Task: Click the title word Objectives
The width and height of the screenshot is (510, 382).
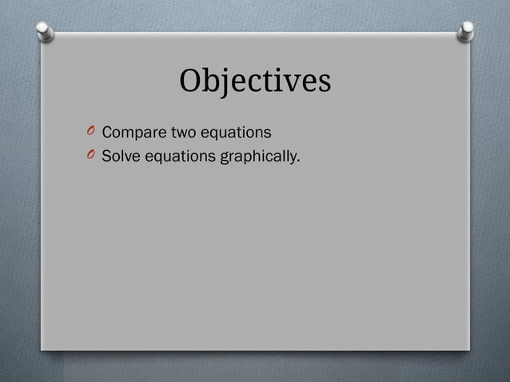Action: click(x=254, y=81)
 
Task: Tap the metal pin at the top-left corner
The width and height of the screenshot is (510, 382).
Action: click(x=46, y=31)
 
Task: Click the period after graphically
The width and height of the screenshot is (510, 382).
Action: click(x=298, y=159)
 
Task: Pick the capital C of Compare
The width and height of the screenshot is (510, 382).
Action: click(x=107, y=131)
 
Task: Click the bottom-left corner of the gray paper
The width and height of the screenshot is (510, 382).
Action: click(x=42, y=348)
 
